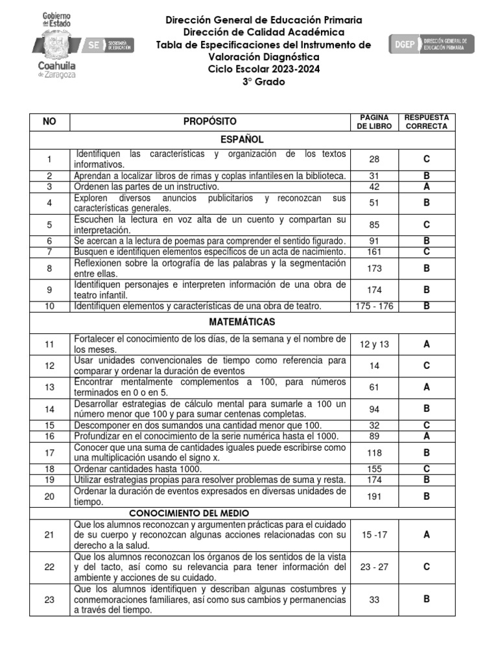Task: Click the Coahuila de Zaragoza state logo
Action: tap(59, 45)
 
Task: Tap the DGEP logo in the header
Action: tap(431, 45)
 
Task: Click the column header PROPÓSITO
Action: tap(209, 121)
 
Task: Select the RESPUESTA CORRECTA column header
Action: tap(426, 121)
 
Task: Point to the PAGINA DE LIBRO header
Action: tap(374, 121)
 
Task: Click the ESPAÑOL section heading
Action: tap(242, 139)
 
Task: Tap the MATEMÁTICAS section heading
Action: tap(242, 322)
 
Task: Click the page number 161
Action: tap(374, 252)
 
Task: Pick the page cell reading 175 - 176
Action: tap(374, 305)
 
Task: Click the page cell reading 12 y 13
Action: tap(374, 344)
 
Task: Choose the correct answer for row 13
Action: tap(426, 387)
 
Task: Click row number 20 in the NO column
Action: tap(49, 497)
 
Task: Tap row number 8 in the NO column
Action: tap(49, 268)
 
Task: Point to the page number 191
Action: tap(374, 497)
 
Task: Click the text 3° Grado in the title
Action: tap(263, 82)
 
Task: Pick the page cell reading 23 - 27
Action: tap(374, 567)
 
